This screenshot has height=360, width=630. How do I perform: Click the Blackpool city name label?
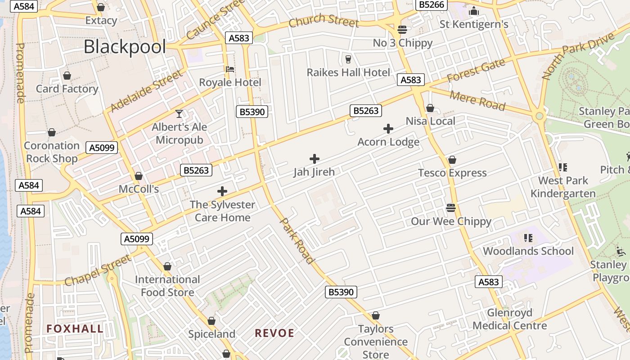click(125, 47)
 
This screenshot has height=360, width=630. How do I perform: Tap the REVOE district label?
click(274, 333)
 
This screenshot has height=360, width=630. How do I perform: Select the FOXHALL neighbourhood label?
click(75, 329)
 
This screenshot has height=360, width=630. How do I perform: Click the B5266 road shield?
click(431, 5)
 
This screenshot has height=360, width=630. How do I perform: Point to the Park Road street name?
click(297, 241)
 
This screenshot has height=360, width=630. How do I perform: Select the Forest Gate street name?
click(476, 72)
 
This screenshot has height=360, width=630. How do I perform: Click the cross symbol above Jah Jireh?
click(315, 158)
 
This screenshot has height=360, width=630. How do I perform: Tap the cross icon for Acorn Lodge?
click(388, 129)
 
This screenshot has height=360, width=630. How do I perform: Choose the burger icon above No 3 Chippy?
click(402, 30)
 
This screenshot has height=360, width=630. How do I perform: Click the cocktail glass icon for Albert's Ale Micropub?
click(179, 114)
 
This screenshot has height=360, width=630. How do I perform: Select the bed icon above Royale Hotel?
click(230, 69)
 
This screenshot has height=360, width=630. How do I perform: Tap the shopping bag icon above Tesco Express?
click(452, 160)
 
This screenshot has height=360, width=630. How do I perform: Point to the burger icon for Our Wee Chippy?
click(451, 208)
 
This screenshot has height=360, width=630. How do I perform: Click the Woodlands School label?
click(528, 251)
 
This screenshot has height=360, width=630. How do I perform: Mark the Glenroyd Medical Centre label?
click(509, 319)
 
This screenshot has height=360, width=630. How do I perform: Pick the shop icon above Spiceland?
click(211, 321)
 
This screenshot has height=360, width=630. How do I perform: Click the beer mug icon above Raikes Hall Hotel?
click(348, 59)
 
